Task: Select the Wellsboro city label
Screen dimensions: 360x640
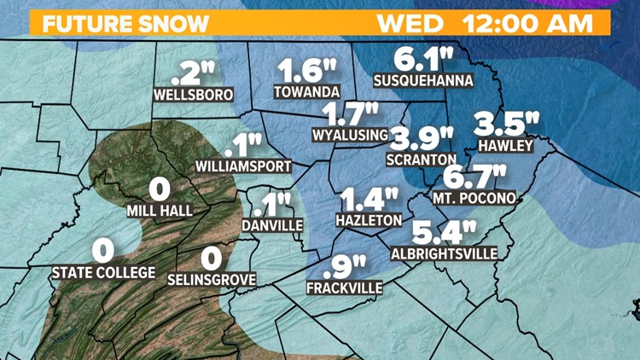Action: point(193,95)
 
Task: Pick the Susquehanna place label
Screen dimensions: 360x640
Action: point(424,81)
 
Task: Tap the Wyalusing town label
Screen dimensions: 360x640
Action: point(350,134)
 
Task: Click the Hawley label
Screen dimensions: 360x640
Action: point(506,146)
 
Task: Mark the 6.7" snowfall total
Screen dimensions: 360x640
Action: point(476,177)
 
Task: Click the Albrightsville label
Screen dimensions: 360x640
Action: point(443,253)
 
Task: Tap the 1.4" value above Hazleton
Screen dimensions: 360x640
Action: point(369,200)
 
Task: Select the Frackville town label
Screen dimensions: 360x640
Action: point(345,288)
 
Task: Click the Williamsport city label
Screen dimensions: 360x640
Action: point(243,165)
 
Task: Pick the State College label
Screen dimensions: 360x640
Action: point(103,273)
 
